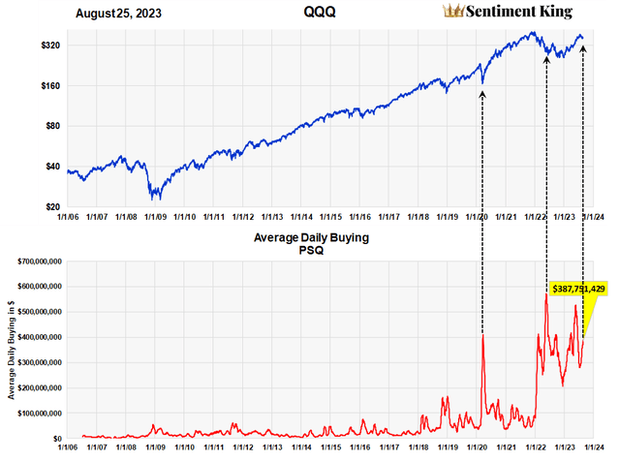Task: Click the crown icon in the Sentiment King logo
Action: [x=452, y=12]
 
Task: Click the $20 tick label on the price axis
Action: [x=51, y=207]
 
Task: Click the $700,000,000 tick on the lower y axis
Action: [x=36, y=262]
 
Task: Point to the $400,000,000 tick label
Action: [x=36, y=337]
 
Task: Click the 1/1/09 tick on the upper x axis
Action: [x=156, y=218]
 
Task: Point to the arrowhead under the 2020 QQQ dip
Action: [x=482, y=94]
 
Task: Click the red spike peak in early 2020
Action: [x=482, y=335]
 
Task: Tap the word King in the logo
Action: [x=555, y=13]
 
